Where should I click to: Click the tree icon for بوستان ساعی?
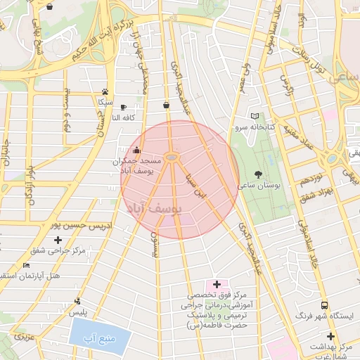click(259, 174)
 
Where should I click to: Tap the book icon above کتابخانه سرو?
click(255, 116)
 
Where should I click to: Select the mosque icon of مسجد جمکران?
click(136, 150)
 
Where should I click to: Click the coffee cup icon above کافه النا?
click(124, 106)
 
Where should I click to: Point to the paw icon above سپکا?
click(105, 91)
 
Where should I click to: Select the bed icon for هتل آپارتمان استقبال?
click(26, 265)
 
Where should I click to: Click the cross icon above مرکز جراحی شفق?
click(58, 240)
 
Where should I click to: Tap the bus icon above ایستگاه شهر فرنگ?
click(324, 305)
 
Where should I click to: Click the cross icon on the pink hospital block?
click(217, 283)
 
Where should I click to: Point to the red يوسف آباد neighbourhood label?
click(155, 209)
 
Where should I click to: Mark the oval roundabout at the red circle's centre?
click(172, 156)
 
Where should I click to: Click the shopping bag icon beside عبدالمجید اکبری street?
click(166, 105)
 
